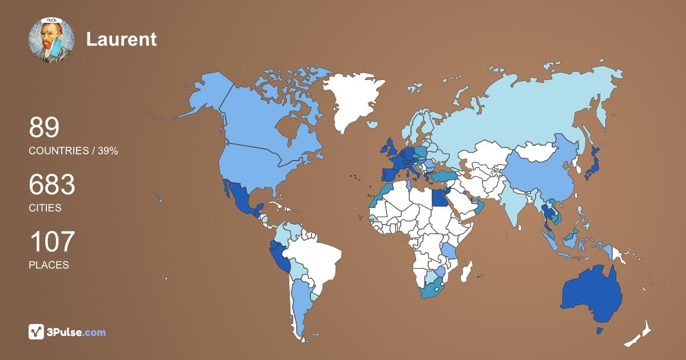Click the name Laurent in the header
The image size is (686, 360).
(x=121, y=39)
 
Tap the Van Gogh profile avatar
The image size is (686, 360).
(x=51, y=40)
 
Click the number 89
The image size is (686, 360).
(x=44, y=128)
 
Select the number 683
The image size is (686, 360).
(x=52, y=185)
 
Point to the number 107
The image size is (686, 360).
(x=52, y=242)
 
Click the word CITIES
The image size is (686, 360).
(x=45, y=208)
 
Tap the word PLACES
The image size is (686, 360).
(x=49, y=265)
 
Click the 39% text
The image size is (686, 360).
(x=107, y=151)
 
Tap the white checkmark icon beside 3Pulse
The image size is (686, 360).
(x=37, y=331)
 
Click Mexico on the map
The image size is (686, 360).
(x=240, y=200)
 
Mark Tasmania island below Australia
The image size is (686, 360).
(x=600, y=331)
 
